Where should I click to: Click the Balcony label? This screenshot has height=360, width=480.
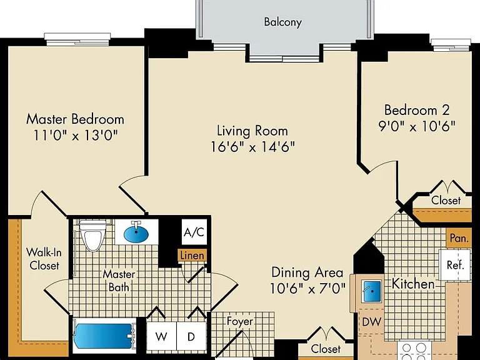(x=283, y=22)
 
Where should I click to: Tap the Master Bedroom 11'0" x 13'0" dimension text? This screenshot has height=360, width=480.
(x=75, y=135)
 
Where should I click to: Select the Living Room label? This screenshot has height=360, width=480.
(x=252, y=131)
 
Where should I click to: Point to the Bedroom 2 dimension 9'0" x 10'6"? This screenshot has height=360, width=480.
(x=417, y=126)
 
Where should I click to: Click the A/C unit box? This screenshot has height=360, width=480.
(x=194, y=232)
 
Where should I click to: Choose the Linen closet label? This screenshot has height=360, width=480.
(x=192, y=255)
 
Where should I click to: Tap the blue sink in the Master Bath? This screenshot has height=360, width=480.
(x=136, y=232)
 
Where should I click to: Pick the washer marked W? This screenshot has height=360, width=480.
(x=161, y=336)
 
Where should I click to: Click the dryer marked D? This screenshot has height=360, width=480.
(x=191, y=336)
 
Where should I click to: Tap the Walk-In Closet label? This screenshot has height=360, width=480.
(x=44, y=259)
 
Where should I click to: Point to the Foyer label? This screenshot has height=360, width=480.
(x=240, y=321)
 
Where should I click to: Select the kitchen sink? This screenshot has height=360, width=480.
(x=372, y=291)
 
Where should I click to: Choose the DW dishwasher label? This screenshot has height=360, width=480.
(x=372, y=321)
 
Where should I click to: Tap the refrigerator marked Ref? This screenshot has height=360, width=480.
(x=455, y=265)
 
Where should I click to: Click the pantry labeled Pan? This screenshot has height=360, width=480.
(x=459, y=238)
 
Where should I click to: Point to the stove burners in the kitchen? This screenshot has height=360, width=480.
(x=414, y=351)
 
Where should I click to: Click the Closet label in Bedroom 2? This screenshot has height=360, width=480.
(x=446, y=200)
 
